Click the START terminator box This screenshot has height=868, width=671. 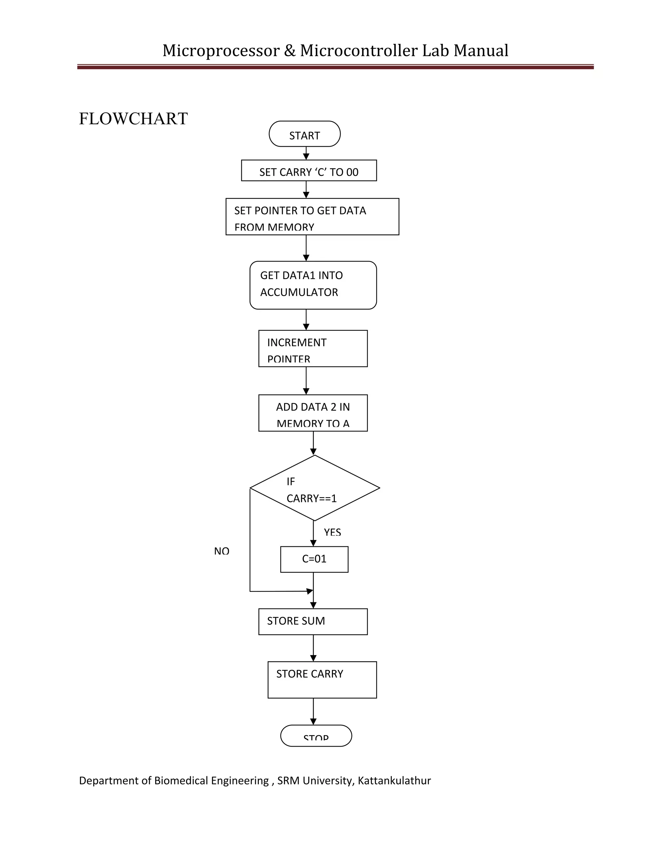click(x=304, y=134)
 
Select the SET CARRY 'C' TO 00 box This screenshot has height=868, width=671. click(x=309, y=171)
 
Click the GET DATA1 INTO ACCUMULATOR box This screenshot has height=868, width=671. click(x=313, y=285)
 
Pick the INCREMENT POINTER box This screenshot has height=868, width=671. click(x=313, y=349)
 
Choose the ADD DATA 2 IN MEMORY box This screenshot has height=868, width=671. click(x=313, y=413)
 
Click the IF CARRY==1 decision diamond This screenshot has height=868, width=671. click(x=315, y=488)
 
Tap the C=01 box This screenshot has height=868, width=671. click(x=314, y=559)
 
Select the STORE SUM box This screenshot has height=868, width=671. click(x=313, y=622)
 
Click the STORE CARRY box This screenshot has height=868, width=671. click(x=322, y=680)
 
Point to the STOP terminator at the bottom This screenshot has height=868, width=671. click(x=316, y=736)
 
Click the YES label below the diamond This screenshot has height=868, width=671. click(x=332, y=532)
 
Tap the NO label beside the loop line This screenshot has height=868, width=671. click(x=221, y=551)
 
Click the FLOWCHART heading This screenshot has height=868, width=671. click(x=133, y=119)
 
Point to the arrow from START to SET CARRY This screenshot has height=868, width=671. click(x=306, y=153)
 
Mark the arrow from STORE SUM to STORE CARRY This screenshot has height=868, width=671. click(x=313, y=648)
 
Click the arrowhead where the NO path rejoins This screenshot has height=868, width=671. click(x=310, y=591)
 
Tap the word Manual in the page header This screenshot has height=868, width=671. click(x=481, y=50)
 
